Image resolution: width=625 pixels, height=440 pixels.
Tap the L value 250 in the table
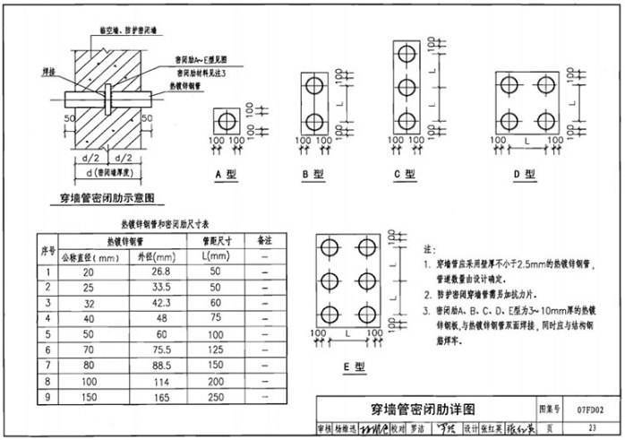[215, 396]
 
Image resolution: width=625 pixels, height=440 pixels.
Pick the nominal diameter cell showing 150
[88, 396]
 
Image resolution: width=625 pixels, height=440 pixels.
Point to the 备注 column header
[265, 240]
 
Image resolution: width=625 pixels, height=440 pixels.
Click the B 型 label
[312, 174]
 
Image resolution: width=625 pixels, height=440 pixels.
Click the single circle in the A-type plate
[227, 120]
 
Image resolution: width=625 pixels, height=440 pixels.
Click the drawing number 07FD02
[591, 409]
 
